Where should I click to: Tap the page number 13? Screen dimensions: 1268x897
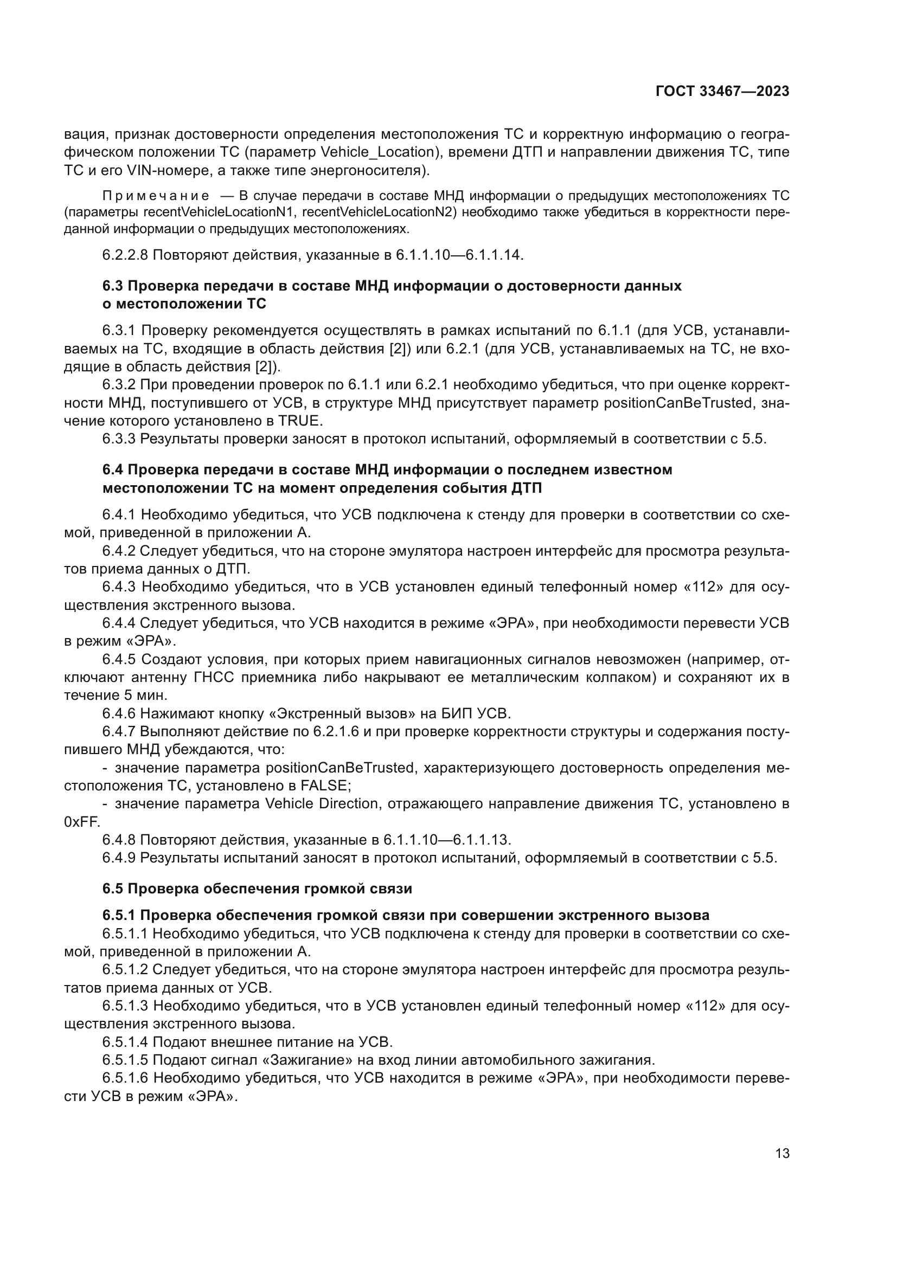[782, 1154]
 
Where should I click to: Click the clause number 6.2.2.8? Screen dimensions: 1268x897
[125, 255]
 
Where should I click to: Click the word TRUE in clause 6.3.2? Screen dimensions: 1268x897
[299, 421]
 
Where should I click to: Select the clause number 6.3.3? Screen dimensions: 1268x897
[119, 439]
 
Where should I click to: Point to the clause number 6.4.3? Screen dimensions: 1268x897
[119, 587]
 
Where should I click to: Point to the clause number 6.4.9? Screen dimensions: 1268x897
[119, 858]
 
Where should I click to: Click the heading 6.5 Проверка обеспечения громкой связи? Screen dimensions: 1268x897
[258, 889]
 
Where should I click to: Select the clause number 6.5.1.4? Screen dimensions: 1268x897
[125, 1042]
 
